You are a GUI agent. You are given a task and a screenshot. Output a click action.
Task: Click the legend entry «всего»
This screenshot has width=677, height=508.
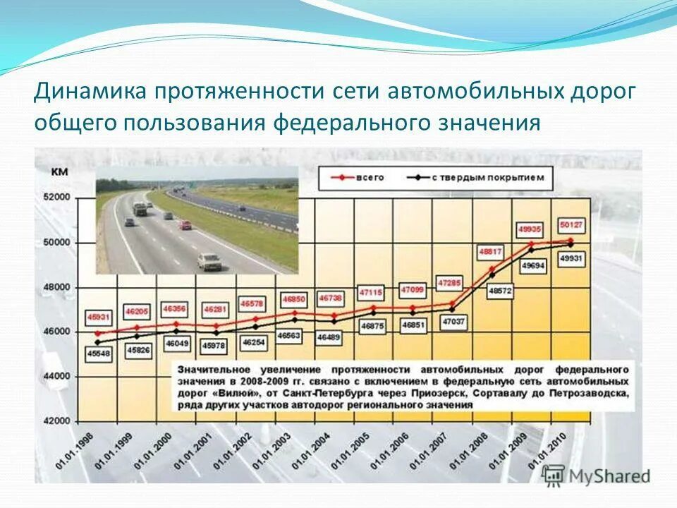pos(367,178)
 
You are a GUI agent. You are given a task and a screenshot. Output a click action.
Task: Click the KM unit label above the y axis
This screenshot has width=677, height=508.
pos(60,171)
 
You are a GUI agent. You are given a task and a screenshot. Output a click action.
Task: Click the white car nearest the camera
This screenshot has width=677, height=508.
pos(209,261)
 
